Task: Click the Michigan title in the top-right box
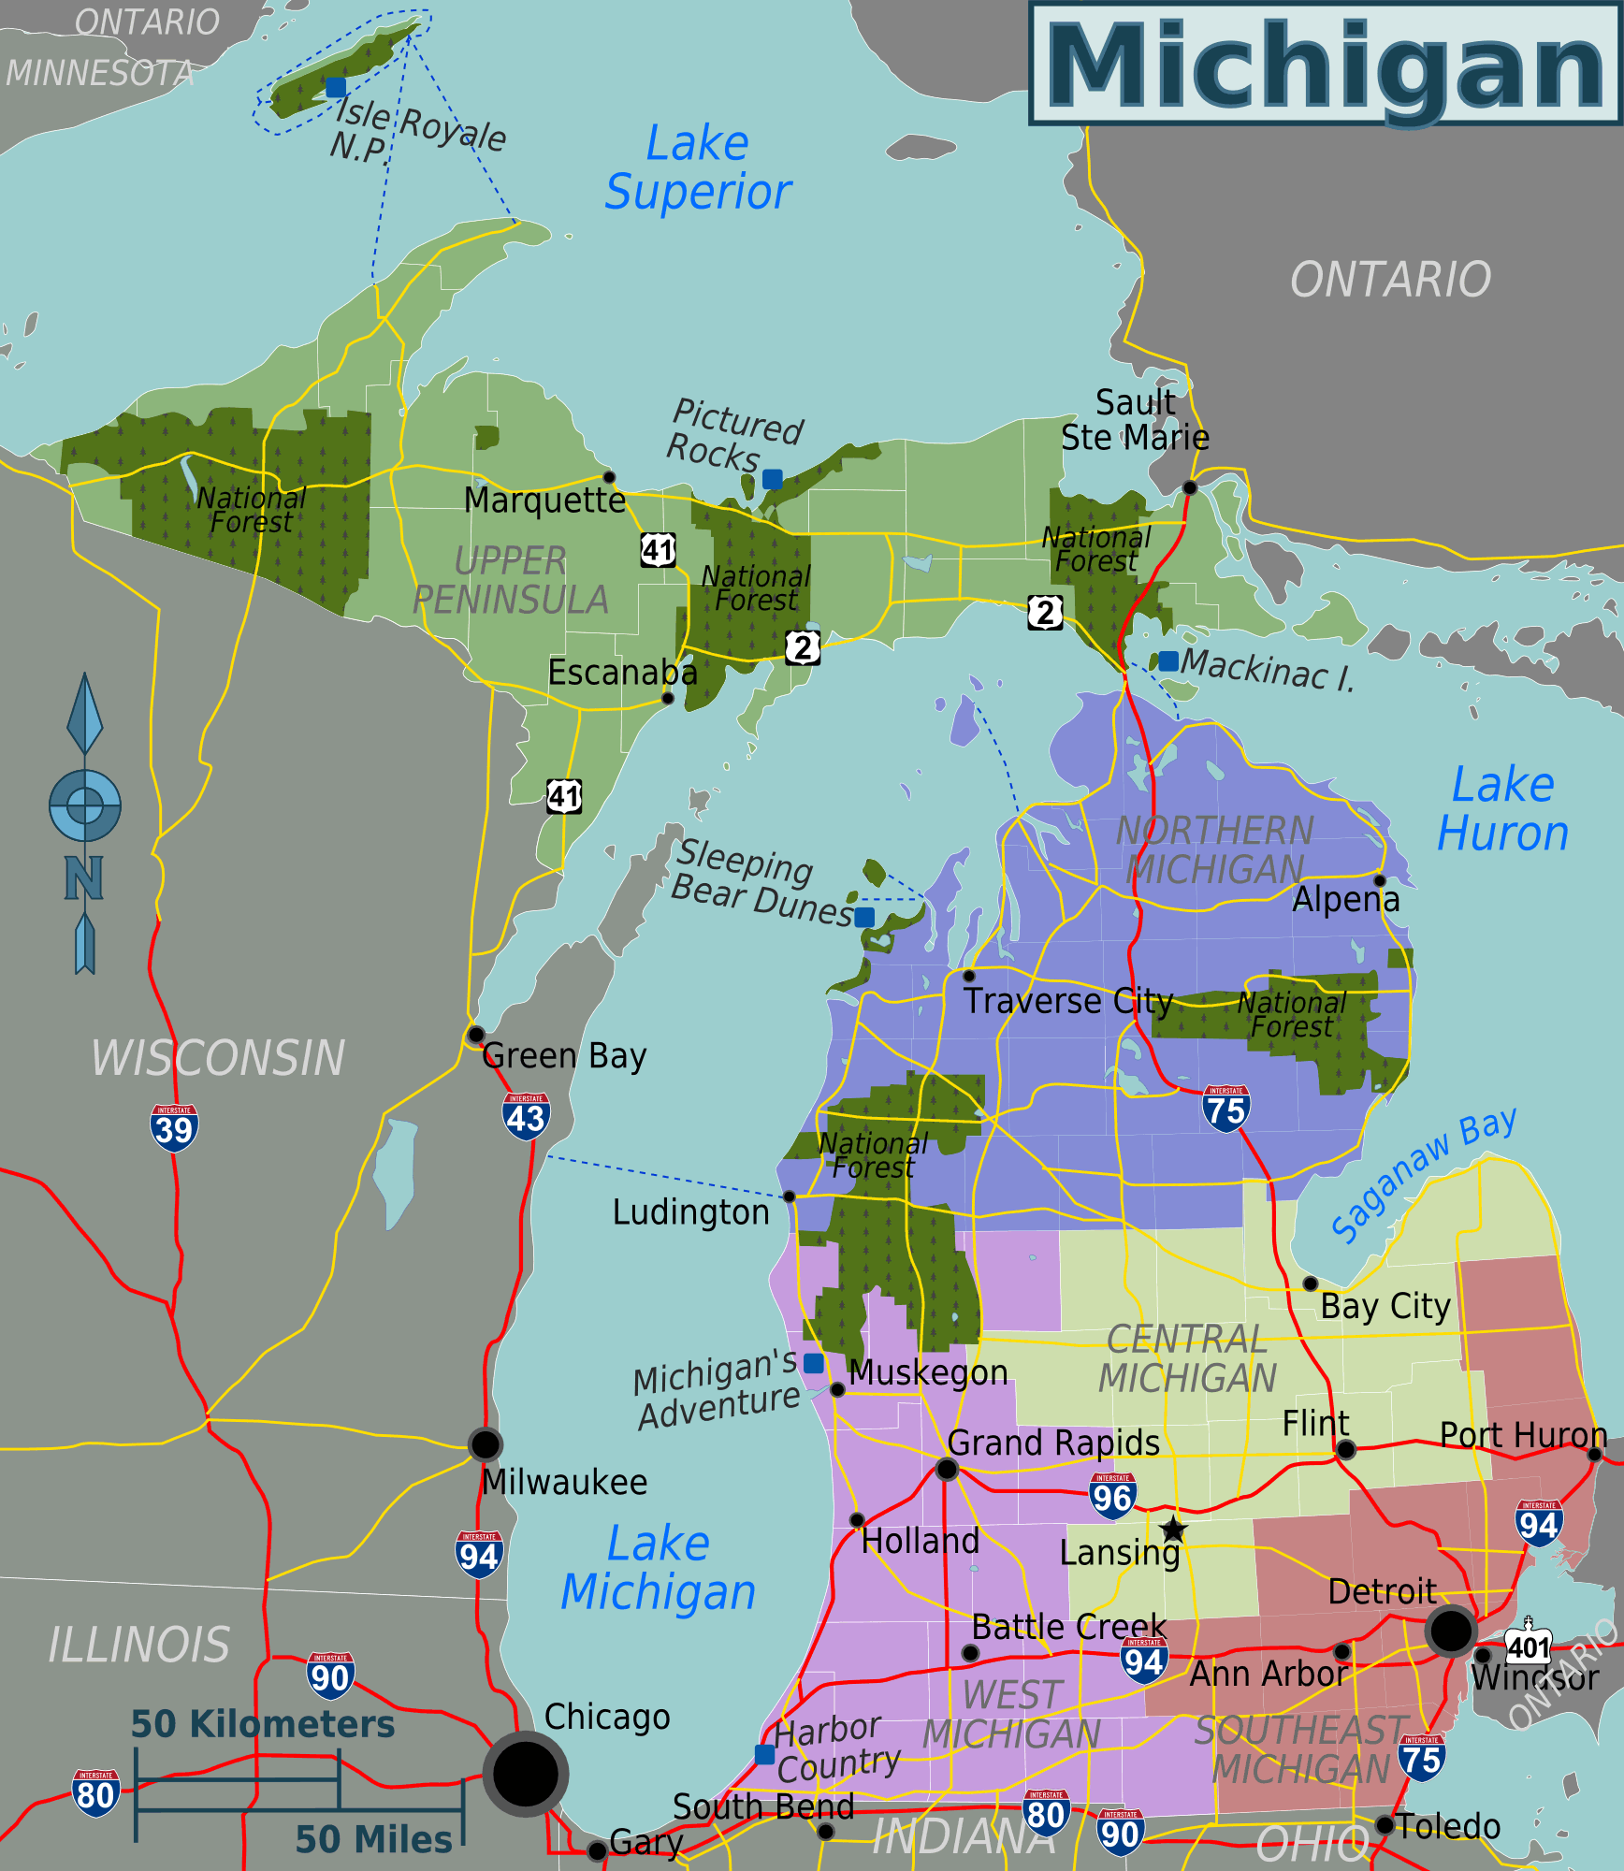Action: (x=1325, y=65)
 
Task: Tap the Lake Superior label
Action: (x=698, y=168)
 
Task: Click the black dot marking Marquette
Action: (x=609, y=477)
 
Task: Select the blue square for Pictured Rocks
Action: (x=772, y=479)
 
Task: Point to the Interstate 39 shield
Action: (x=174, y=1127)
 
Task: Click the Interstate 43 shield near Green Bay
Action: (x=526, y=1116)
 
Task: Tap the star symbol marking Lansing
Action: (x=1173, y=1530)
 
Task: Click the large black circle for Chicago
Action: (x=526, y=1774)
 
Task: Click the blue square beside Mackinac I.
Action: (x=1168, y=660)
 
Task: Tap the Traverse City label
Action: (x=1068, y=1001)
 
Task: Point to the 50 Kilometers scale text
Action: (x=262, y=1724)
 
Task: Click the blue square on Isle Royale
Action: (x=336, y=87)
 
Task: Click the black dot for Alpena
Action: (x=1379, y=880)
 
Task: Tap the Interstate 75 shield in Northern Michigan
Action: (x=1225, y=1109)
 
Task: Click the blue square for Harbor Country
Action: (x=764, y=1754)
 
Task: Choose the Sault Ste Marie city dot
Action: (x=1190, y=487)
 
